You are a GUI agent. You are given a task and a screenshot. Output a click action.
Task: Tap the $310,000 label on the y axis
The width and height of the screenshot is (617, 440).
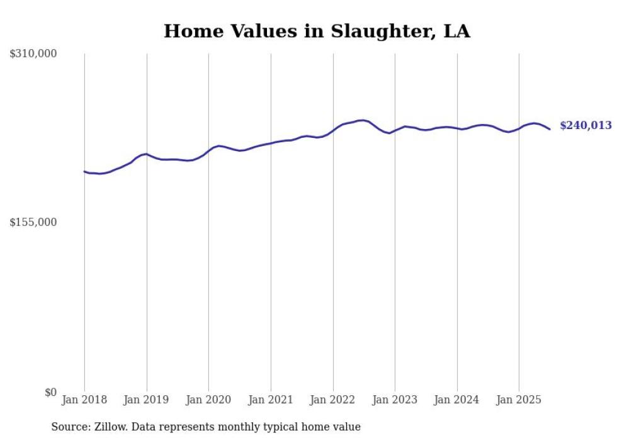[x=33, y=54]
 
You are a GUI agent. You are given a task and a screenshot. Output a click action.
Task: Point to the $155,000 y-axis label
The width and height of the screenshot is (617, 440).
[x=33, y=222]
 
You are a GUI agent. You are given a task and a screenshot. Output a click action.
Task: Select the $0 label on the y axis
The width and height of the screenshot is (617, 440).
[x=51, y=392]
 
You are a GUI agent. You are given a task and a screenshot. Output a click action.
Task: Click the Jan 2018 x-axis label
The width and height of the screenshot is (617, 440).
[x=84, y=400]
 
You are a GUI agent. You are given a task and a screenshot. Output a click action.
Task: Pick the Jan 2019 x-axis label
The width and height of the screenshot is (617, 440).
[x=147, y=400]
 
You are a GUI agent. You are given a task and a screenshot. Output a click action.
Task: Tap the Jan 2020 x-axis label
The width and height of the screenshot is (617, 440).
[x=209, y=400]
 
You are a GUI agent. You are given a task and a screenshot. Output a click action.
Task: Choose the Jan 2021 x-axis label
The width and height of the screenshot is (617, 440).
[x=271, y=400]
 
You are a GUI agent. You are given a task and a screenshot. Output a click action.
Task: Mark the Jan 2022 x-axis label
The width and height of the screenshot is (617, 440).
[x=333, y=400]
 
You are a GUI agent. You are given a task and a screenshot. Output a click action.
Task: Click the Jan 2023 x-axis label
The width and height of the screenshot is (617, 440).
[x=395, y=400]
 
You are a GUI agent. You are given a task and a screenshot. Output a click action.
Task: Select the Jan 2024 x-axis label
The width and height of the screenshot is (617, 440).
[x=457, y=400]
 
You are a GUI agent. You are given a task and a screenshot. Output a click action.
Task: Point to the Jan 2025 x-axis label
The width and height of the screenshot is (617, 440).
[x=519, y=400]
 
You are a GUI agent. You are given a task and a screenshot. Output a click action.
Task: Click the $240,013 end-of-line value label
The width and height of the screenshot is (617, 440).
[x=586, y=126]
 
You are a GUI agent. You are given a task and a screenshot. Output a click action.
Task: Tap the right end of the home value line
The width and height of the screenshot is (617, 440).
[x=550, y=129]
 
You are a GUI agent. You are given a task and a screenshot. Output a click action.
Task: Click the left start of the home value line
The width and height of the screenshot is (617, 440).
[x=84, y=171]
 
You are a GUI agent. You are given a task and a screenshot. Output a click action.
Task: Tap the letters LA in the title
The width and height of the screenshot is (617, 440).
[x=456, y=31]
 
